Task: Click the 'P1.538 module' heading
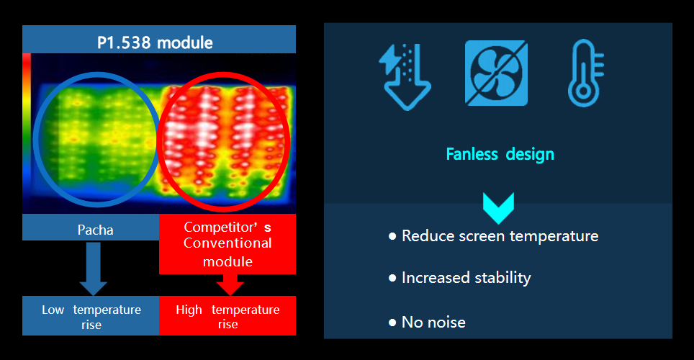click(155, 42)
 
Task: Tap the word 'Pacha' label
click(95, 230)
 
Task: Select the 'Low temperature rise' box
click(91, 315)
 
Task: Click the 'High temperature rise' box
click(227, 315)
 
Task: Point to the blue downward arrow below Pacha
click(93, 269)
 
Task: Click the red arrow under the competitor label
click(230, 284)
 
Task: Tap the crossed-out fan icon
click(496, 73)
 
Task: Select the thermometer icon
click(585, 73)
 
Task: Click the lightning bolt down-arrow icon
click(405, 76)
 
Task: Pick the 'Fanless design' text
click(500, 154)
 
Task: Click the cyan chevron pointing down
click(498, 208)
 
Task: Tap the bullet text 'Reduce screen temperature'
click(500, 236)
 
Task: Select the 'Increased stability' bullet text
click(466, 278)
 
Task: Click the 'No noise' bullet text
click(433, 323)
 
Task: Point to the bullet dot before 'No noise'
click(392, 323)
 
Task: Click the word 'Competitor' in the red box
click(220, 227)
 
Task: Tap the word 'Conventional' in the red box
click(227, 243)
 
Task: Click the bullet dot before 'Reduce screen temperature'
click(392, 236)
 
